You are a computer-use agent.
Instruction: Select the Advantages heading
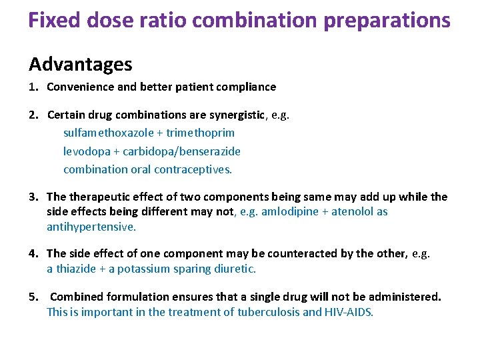coord(80,65)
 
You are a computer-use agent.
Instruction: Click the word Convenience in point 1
coord(79,87)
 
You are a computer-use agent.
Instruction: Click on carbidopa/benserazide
coord(181,151)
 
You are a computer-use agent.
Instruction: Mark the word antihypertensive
coord(91,227)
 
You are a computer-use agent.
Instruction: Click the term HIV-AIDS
coord(348,311)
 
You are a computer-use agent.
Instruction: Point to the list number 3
coord(32,197)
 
